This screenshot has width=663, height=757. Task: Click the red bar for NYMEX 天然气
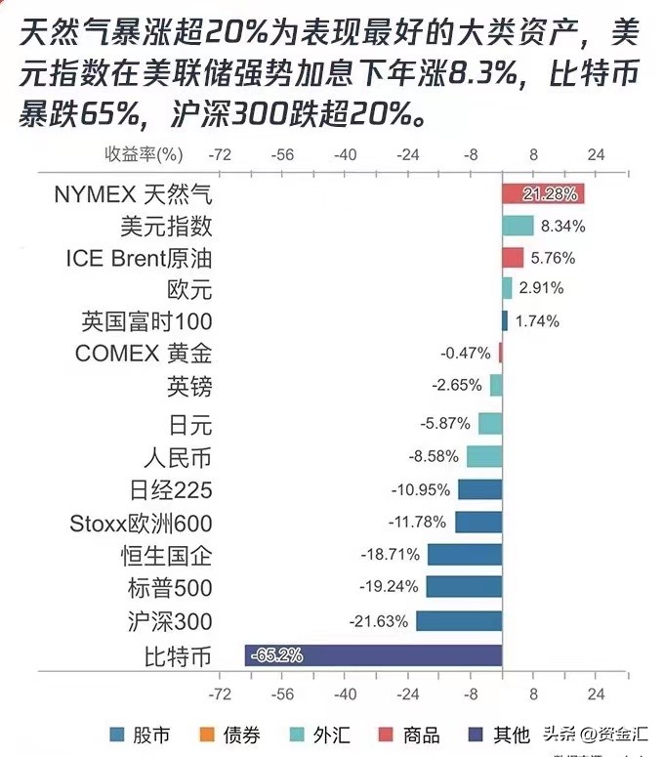pyautogui.click(x=543, y=193)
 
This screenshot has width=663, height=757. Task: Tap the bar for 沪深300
pyautogui.click(x=459, y=620)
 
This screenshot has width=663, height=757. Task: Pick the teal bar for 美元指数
pyautogui.click(x=518, y=226)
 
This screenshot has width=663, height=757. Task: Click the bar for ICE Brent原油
pyautogui.click(x=513, y=258)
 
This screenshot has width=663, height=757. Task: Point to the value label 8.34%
pyautogui.click(x=563, y=227)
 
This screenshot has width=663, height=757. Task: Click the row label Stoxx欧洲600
pyautogui.click(x=142, y=523)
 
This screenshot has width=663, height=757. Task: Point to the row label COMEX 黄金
pyautogui.click(x=144, y=354)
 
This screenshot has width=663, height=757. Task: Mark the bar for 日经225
pyautogui.click(x=479, y=489)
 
